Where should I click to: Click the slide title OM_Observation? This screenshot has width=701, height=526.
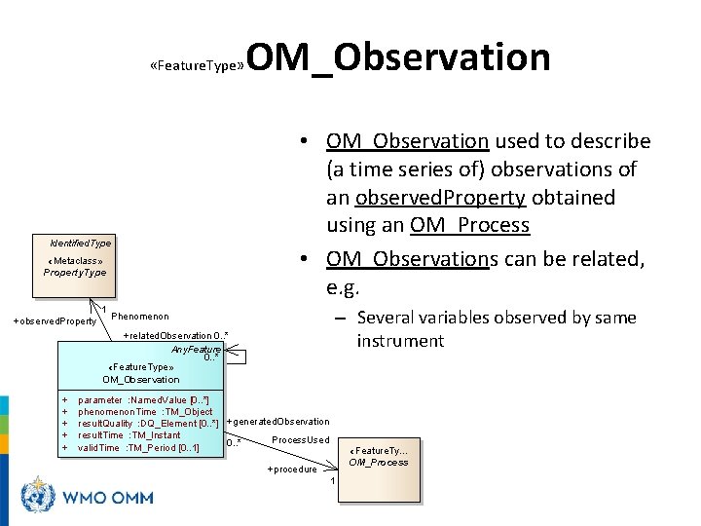(399, 57)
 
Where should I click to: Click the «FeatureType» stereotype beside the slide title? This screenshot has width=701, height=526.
(198, 68)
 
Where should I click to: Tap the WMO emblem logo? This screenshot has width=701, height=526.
(40, 496)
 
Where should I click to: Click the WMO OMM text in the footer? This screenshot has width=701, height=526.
(108, 498)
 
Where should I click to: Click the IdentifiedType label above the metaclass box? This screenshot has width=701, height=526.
(80, 243)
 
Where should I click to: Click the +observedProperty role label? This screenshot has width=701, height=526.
(55, 321)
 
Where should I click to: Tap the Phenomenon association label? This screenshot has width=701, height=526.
(140, 317)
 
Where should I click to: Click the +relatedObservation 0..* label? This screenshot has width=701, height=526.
(176, 336)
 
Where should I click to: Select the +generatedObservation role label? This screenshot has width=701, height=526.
(277, 422)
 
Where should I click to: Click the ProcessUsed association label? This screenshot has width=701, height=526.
(300, 440)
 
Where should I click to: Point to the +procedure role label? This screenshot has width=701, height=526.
(292, 470)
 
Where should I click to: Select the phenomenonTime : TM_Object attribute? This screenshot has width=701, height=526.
(145, 412)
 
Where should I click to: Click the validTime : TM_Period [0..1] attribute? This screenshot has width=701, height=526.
(138, 447)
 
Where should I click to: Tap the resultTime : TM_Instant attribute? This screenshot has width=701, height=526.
(129, 435)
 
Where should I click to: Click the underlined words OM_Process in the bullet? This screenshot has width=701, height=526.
(469, 225)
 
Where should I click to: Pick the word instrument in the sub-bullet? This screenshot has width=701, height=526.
(400, 341)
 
